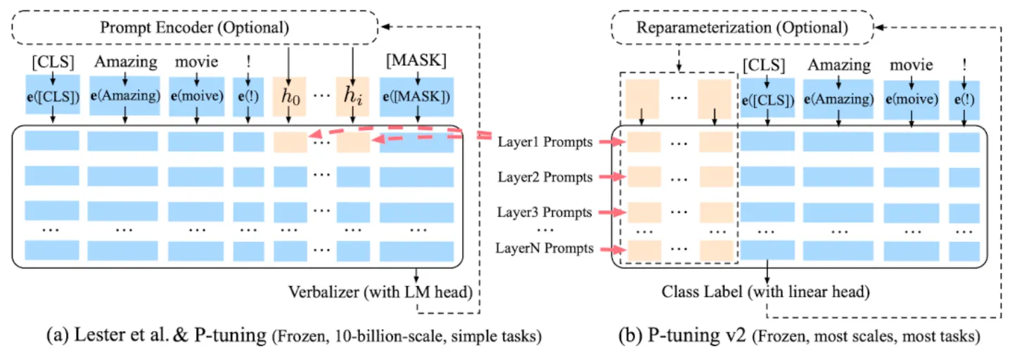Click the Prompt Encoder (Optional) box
[193, 28]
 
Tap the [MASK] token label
[416, 60]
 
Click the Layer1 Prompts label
[544, 142]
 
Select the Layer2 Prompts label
[544, 177]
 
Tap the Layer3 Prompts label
[544, 212]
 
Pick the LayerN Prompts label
[544, 248]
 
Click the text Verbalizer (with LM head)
[380, 291]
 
